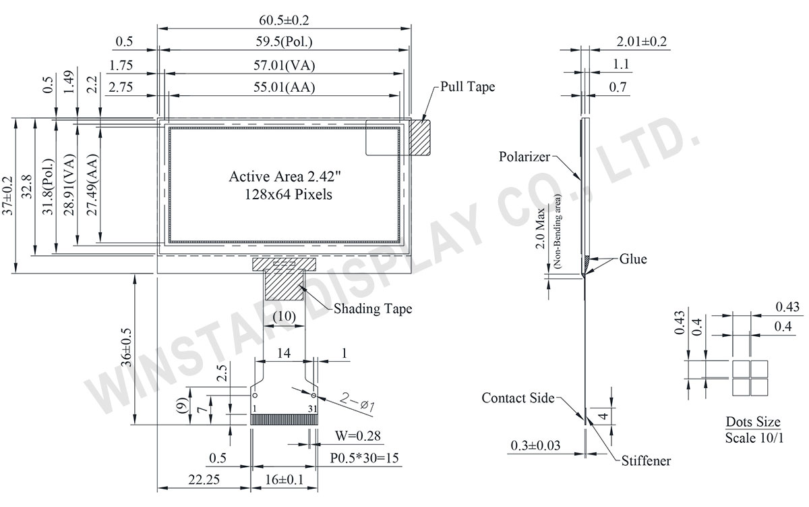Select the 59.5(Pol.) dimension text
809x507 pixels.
[x=284, y=42]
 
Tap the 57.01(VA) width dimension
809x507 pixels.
[x=284, y=65]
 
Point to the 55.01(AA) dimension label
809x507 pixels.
[x=284, y=87]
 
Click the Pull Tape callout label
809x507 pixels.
[x=467, y=87]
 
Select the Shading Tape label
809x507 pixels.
[x=373, y=309]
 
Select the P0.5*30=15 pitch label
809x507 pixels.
[x=365, y=458]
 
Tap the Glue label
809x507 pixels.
[x=633, y=259]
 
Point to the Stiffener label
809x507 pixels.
[x=646, y=460]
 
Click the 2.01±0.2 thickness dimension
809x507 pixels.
[x=641, y=42]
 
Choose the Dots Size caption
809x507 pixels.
[x=753, y=423]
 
